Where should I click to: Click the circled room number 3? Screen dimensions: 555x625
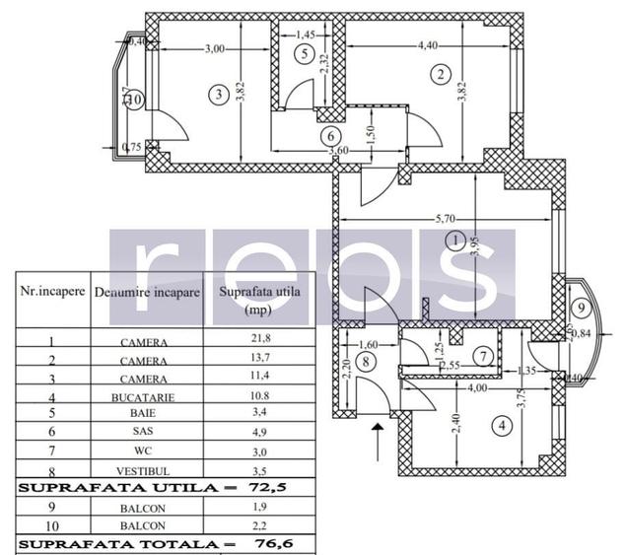[218, 95]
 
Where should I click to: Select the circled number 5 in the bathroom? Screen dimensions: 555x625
[306, 52]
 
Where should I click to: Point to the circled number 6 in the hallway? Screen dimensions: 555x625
[331, 135]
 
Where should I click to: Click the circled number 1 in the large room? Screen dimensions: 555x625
[454, 241]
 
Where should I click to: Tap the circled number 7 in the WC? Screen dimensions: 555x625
[481, 356]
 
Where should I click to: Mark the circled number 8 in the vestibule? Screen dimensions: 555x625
[366, 361]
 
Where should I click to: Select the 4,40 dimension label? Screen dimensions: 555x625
[428, 45]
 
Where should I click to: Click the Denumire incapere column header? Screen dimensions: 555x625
[148, 293]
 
